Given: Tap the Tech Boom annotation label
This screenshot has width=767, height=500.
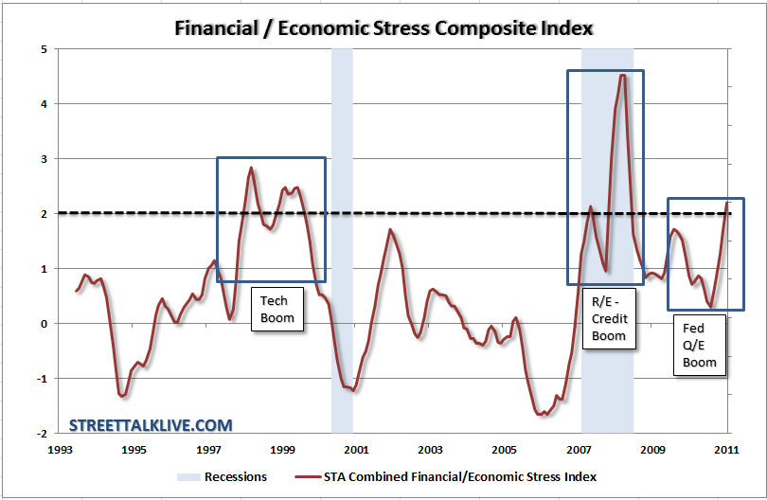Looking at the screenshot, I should pos(277,309).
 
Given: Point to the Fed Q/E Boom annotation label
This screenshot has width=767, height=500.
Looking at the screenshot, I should pos(700,345).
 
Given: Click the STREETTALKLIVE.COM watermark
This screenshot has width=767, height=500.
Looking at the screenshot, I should pos(151,426).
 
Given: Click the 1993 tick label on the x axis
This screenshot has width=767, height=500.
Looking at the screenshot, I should pos(60,449).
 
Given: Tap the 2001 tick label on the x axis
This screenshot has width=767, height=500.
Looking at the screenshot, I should pos(356,449).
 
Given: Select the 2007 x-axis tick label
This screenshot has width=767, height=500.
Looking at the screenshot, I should pos(579,449).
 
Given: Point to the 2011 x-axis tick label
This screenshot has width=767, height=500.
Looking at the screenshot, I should pos(726,449).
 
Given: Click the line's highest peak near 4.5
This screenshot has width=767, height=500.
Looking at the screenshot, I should pos(622,76).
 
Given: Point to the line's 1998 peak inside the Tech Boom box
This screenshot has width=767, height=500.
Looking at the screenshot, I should pos(251,169).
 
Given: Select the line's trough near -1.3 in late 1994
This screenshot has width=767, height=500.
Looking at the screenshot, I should pos(122,396).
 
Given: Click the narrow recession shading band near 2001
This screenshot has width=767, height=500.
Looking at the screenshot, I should pos(342,237).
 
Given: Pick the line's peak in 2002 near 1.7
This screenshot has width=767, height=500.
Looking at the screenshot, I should pos(390,230).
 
